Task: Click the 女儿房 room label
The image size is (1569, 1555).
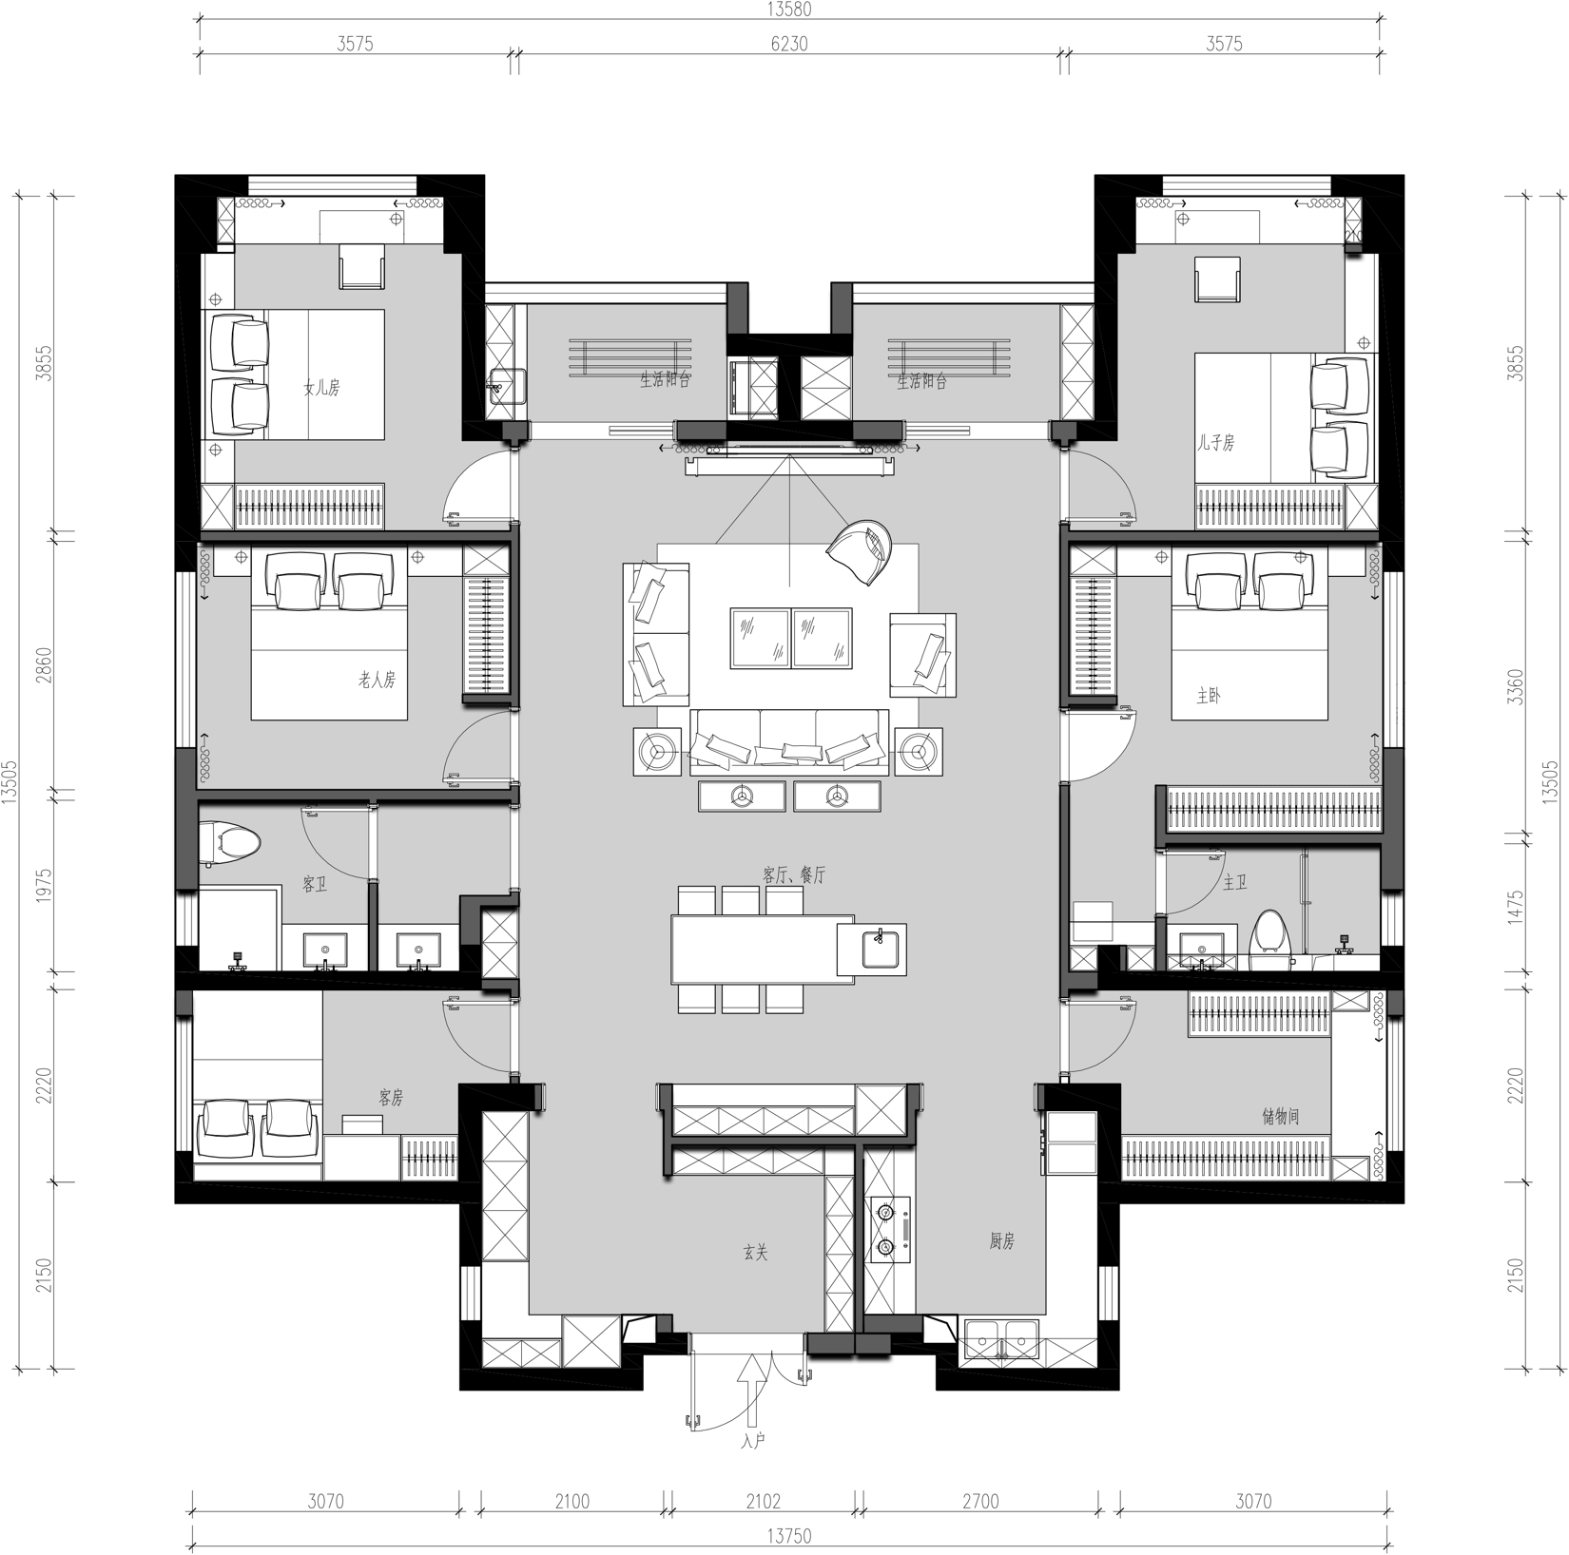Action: (x=321, y=388)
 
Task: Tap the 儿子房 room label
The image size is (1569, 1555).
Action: (x=1216, y=442)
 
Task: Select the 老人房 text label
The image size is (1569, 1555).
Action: (x=377, y=680)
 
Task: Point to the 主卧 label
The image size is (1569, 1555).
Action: (x=1209, y=696)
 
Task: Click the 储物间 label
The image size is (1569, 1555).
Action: (x=1281, y=1117)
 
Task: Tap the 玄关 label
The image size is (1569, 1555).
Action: (x=755, y=1253)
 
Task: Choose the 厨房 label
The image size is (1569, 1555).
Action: (x=1002, y=1240)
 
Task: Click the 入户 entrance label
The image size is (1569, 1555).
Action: (x=752, y=1440)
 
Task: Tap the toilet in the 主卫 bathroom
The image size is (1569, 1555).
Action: (x=1268, y=932)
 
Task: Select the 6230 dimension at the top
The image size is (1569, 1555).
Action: (x=789, y=44)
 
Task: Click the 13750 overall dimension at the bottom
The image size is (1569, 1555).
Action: (x=789, y=1535)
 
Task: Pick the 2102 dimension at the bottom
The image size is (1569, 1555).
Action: (x=763, y=1501)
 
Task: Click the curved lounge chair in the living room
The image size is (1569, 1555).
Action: (x=862, y=551)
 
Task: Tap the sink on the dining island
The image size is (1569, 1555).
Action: (x=881, y=949)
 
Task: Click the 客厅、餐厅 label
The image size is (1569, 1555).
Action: (x=794, y=874)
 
